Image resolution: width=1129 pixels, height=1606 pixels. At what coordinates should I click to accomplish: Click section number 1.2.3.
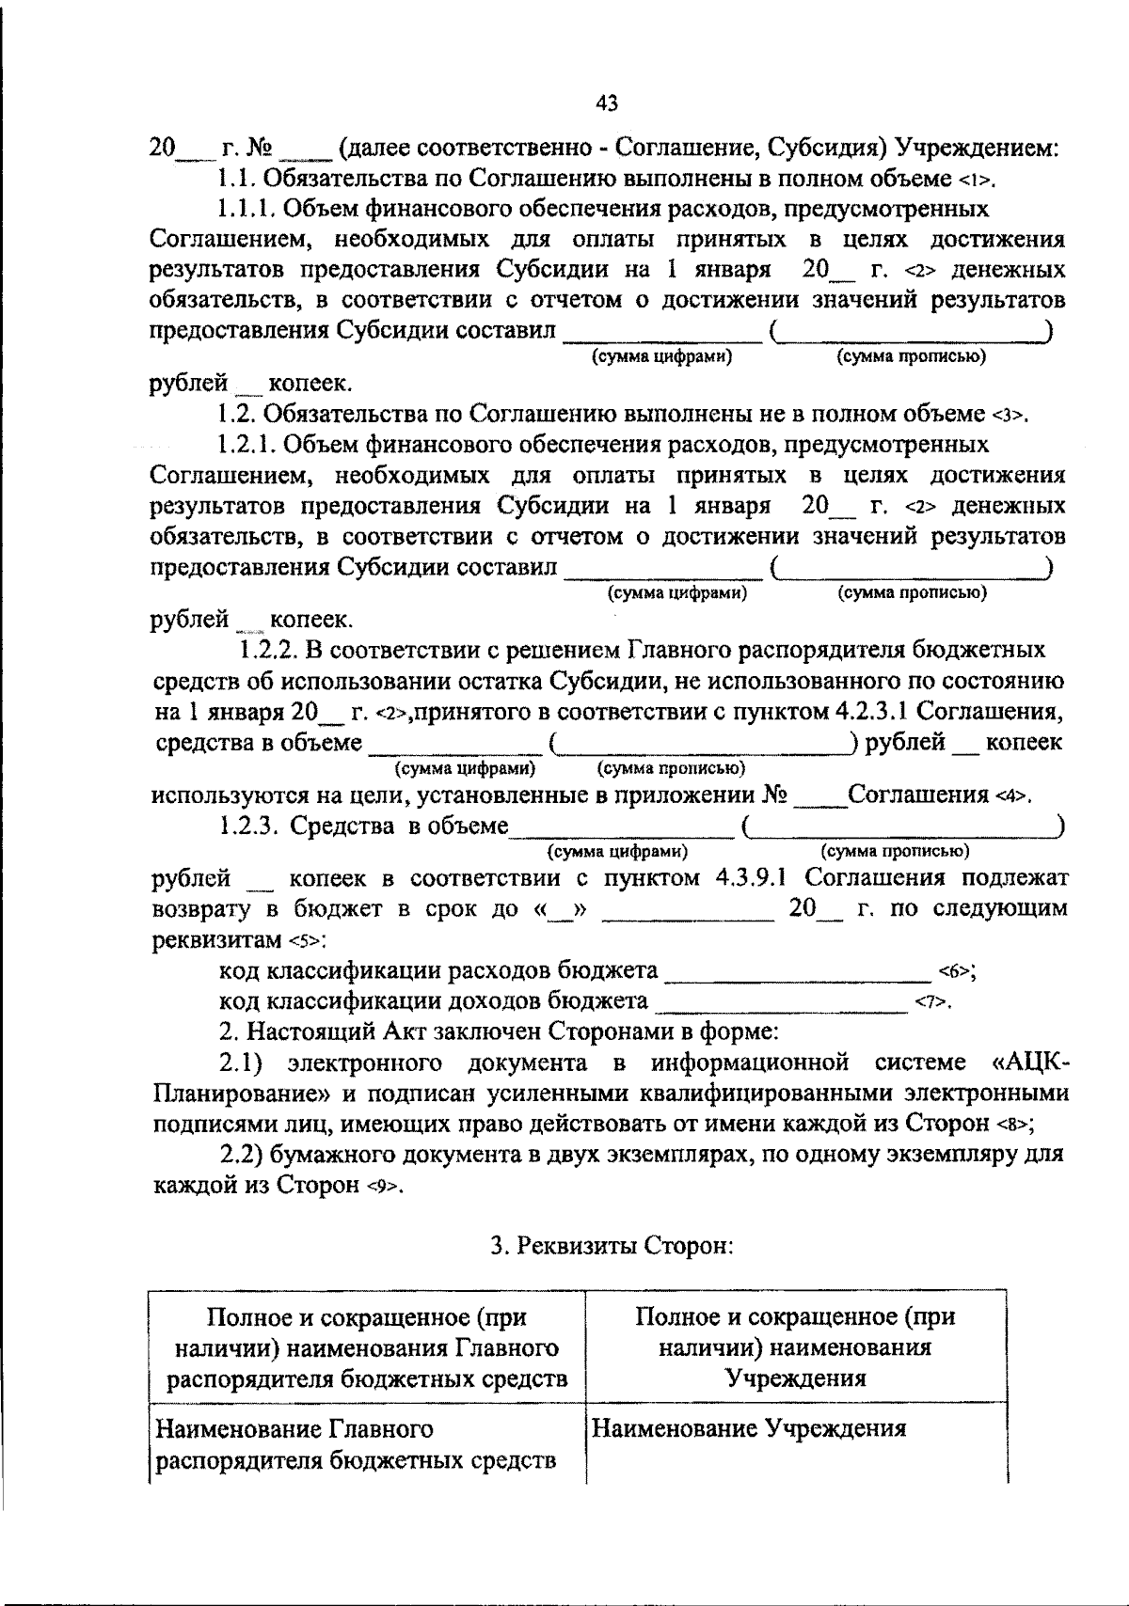point(247,827)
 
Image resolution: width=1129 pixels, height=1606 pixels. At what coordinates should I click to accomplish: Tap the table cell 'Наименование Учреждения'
point(748,1429)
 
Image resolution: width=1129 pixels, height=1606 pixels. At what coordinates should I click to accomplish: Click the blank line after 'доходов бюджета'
point(780,1003)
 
